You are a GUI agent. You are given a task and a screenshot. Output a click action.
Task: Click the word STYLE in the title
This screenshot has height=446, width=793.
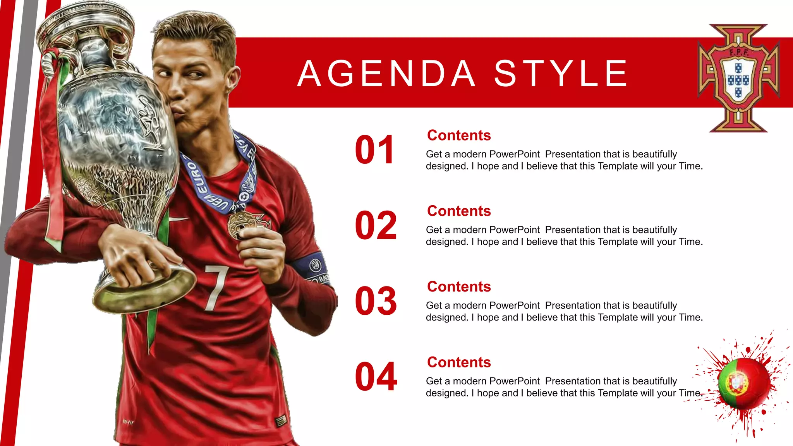pyautogui.click(x=561, y=74)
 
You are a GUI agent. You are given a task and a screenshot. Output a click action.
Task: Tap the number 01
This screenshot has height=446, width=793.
pyautogui.click(x=374, y=150)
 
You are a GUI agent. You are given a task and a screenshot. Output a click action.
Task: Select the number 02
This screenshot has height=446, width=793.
pyautogui.click(x=376, y=225)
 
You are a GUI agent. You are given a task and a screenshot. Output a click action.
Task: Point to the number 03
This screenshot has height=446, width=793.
pyautogui.click(x=376, y=301)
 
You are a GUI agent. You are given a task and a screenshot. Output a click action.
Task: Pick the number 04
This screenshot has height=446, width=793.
pyautogui.click(x=376, y=377)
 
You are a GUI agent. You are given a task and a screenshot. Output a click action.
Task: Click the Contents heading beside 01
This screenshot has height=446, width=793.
pyautogui.click(x=459, y=136)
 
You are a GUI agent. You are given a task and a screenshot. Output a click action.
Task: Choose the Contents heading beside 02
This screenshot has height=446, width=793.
pyautogui.click(x=459, y=211)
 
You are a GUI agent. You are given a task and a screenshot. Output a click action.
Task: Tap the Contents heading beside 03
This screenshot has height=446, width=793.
pyautogui.click(x=459, y=287)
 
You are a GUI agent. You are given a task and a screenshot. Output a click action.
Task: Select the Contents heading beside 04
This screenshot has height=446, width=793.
pyautogui.click(x=459, y=362)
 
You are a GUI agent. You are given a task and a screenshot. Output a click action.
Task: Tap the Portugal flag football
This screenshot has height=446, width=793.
pyautogui.click(x=743, y=383)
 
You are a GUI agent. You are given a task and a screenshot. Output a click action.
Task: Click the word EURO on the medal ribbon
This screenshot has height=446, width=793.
pyautogui.click(x=196, y=178)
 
